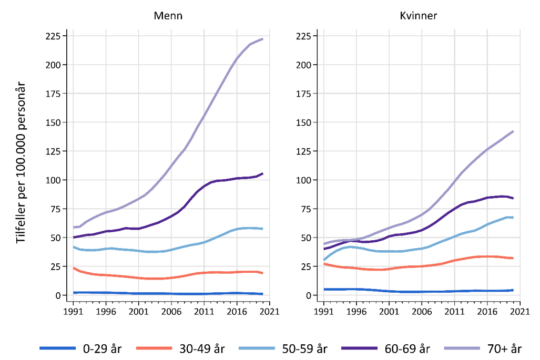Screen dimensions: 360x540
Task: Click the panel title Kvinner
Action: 418,16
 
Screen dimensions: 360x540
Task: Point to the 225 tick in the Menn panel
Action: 55,36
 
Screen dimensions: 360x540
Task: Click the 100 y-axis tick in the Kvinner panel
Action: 305,180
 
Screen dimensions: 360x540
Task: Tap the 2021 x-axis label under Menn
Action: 269,311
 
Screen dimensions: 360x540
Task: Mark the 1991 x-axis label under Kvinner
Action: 323,311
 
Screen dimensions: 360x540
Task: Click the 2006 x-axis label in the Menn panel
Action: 171,311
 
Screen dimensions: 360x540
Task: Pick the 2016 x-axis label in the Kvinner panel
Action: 487,311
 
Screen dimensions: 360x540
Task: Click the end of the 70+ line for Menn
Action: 263,38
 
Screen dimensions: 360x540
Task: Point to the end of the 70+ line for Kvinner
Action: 513,131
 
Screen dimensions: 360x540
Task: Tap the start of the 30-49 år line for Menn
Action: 74,268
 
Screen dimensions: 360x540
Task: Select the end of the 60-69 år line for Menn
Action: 263,173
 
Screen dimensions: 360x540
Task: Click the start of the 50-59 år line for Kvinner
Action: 324,260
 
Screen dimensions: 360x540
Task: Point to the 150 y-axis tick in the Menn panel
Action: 55,122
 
